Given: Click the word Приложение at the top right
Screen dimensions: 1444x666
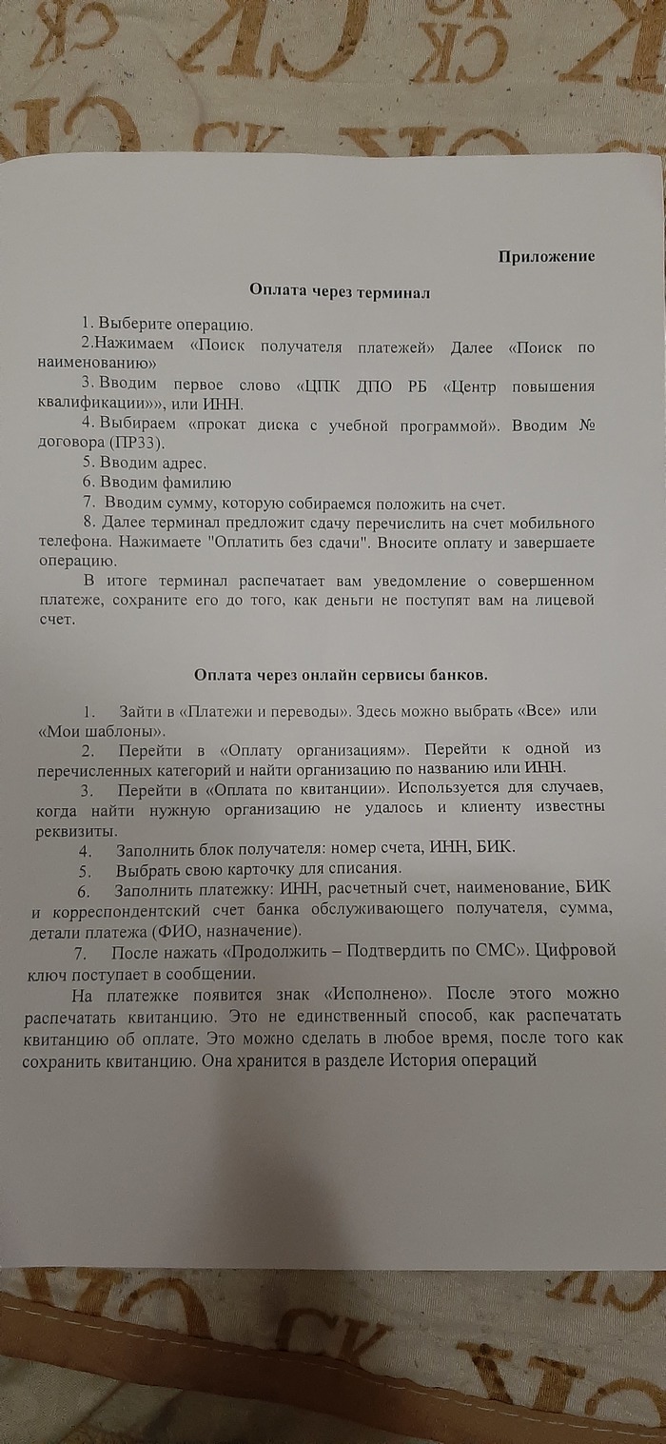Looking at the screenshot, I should pyautogui.click(x=546, y=256).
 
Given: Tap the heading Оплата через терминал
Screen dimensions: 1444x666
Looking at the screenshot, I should pyautogui.click(x=340, y=292).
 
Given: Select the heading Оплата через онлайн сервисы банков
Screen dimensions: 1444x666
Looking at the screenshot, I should pyautogui.click(x=341, y=675).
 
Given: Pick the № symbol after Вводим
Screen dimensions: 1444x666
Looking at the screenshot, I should pyautogui.click(x=587, y=424).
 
